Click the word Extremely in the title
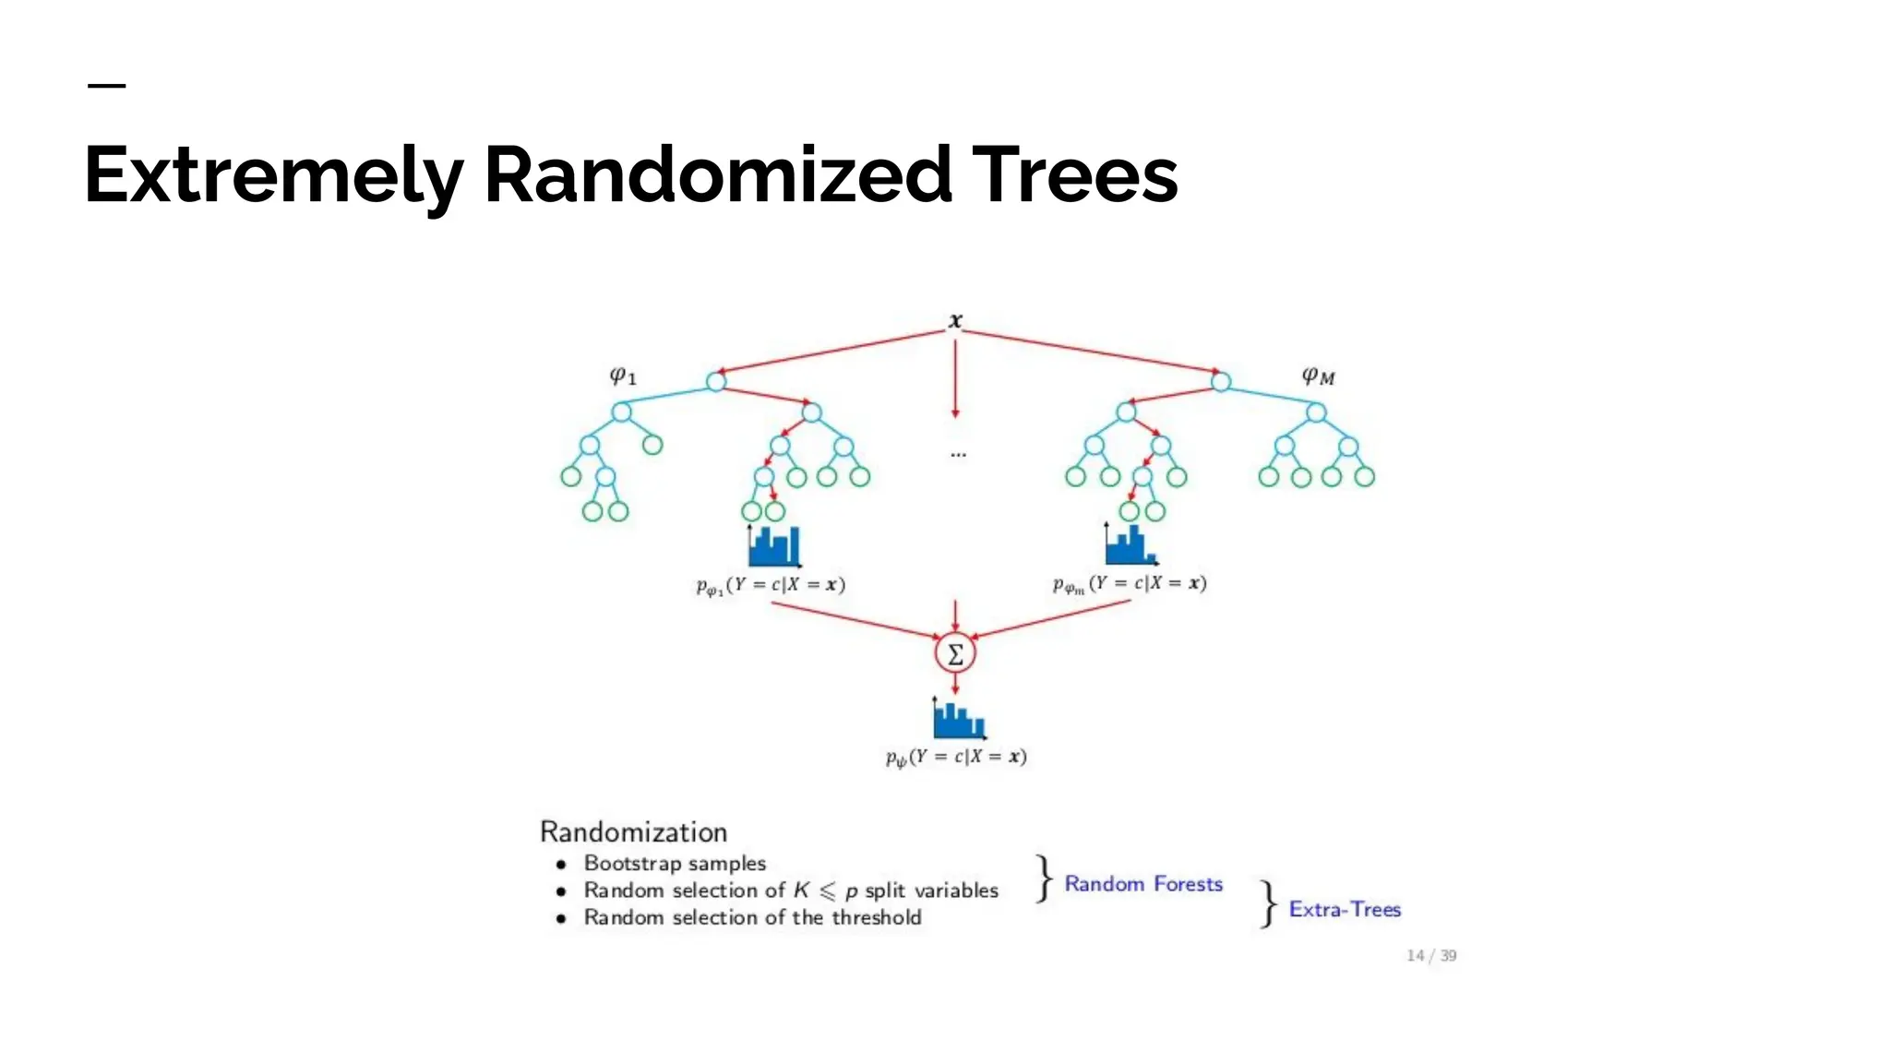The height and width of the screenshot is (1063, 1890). (x=273, y=175)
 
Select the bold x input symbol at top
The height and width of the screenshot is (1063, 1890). (x=955, y=321)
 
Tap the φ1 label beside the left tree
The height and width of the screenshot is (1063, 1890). (x=623, y=375)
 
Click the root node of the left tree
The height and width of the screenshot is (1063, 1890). (x=716, y=381)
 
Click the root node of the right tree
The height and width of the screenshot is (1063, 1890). (x=1220, y=381)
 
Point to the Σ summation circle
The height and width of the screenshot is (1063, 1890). (x=955, y=654)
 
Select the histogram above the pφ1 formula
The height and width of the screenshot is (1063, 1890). (x=773, y=546)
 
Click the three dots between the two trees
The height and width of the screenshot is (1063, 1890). (x=958, y=454)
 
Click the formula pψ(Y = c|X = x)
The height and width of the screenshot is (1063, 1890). (x=956, y=757)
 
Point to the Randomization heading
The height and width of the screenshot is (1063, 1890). (x=633, y=831)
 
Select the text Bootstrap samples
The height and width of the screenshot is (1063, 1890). (x=675, y=864)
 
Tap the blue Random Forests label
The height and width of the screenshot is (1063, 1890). (x=1143, y=884)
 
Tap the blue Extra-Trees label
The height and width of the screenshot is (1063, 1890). (x=1345, y=909)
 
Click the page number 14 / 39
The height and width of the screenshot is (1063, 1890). (x=1430, y=955)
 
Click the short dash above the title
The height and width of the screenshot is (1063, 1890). (x=106, y=86)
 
